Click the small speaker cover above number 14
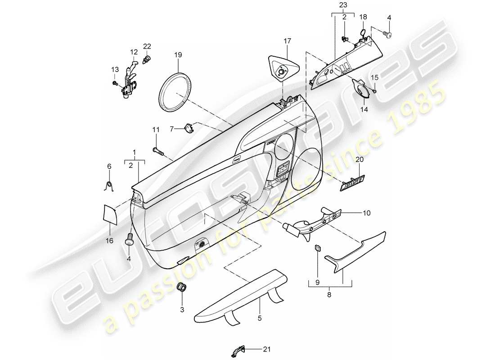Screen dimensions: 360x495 [x=363, y=87]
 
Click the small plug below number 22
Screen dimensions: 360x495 [x=147, y=59]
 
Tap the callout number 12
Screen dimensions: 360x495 [x=134, y=51]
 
